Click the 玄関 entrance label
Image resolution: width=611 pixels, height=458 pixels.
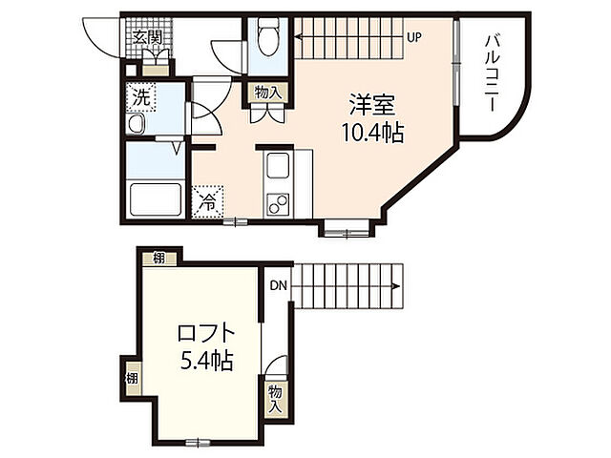pyautogui.click(x=147, y=38)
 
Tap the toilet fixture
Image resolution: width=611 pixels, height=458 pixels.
pyautogui.click(x=265, y=38)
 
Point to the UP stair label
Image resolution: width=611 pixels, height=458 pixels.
pyautogui.click(x=414, y=38)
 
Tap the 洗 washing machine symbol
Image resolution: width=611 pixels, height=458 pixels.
pyautogui.click(x=141, y=97)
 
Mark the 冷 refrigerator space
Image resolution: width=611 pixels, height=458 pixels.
pyautogui.click(x=207, y=201)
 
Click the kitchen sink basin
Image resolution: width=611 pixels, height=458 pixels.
pyautogui.click(x=278, y=169)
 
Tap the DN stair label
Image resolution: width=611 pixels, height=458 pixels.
pyautogui.click(x=277, y=284)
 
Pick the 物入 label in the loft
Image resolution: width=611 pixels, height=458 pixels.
pyautogui.click(x=275, y=398)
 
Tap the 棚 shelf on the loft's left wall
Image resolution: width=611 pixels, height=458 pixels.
pyautogui.click(x=131, y=378)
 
